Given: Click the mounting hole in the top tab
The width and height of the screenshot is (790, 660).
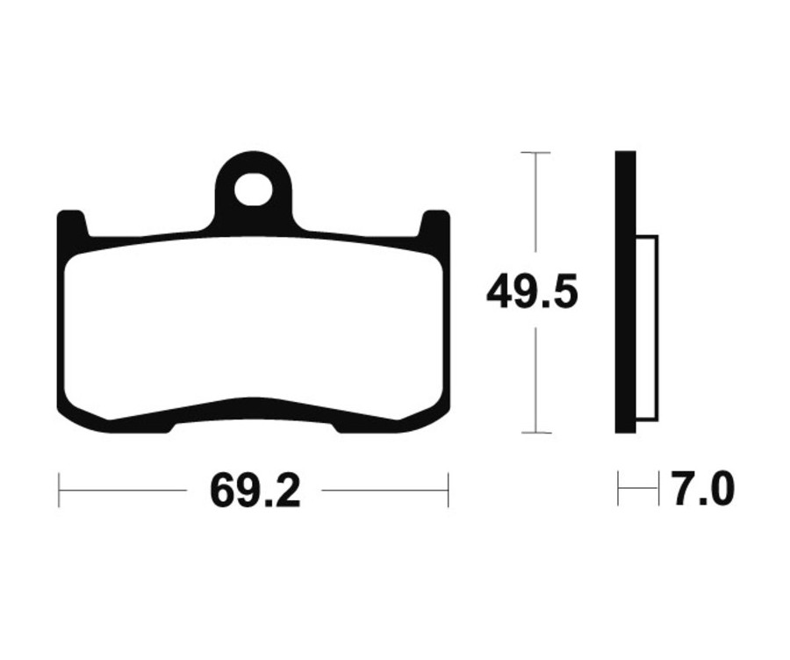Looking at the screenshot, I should tap(253, 189).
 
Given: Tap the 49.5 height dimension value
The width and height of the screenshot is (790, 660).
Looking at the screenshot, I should tap(532, 293).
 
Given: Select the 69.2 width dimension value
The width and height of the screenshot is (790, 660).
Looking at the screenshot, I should tap(255, 491).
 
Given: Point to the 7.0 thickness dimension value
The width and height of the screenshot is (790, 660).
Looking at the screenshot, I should tap(702, 490).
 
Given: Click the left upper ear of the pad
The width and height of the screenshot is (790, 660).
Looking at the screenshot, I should tap(72, 224).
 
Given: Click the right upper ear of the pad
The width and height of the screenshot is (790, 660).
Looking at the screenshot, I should tap(435, 224).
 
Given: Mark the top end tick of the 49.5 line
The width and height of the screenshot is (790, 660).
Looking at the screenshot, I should tap(535, 153).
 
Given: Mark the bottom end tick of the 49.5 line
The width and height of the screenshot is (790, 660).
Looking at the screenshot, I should tap(535, 433).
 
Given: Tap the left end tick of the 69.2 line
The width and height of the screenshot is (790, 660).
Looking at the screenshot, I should tap(59, 490).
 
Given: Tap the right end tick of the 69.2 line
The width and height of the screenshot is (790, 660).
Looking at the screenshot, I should tap(448, 490).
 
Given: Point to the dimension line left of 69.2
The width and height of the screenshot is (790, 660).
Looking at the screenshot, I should tap(123, 490).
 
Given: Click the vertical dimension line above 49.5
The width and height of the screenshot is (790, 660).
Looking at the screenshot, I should tap(535, 211).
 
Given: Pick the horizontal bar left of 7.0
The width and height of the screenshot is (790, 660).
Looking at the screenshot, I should tap(638, 490).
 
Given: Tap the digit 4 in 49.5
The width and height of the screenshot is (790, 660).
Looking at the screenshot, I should tap(502, 293).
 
